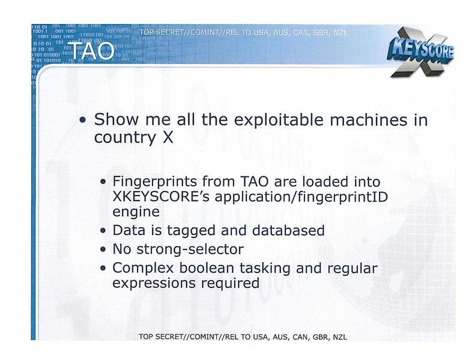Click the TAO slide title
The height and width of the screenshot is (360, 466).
click(91, 51)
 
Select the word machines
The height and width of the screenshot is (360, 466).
click(369, 120)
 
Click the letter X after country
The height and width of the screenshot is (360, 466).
click(168, 137)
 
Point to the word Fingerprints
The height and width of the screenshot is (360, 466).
click(154, 182)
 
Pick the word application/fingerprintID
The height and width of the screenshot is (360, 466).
click(301, 197)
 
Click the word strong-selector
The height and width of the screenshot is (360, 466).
click(190, 250)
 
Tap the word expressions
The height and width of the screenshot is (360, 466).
click(154, 283)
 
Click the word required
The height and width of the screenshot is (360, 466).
click(231, 283)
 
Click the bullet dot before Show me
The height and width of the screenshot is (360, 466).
click(83, 120)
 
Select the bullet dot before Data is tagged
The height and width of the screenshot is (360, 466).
click(103, 231)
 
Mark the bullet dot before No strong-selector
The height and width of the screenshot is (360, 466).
click(103, 250)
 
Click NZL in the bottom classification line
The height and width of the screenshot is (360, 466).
click(340, 337)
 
